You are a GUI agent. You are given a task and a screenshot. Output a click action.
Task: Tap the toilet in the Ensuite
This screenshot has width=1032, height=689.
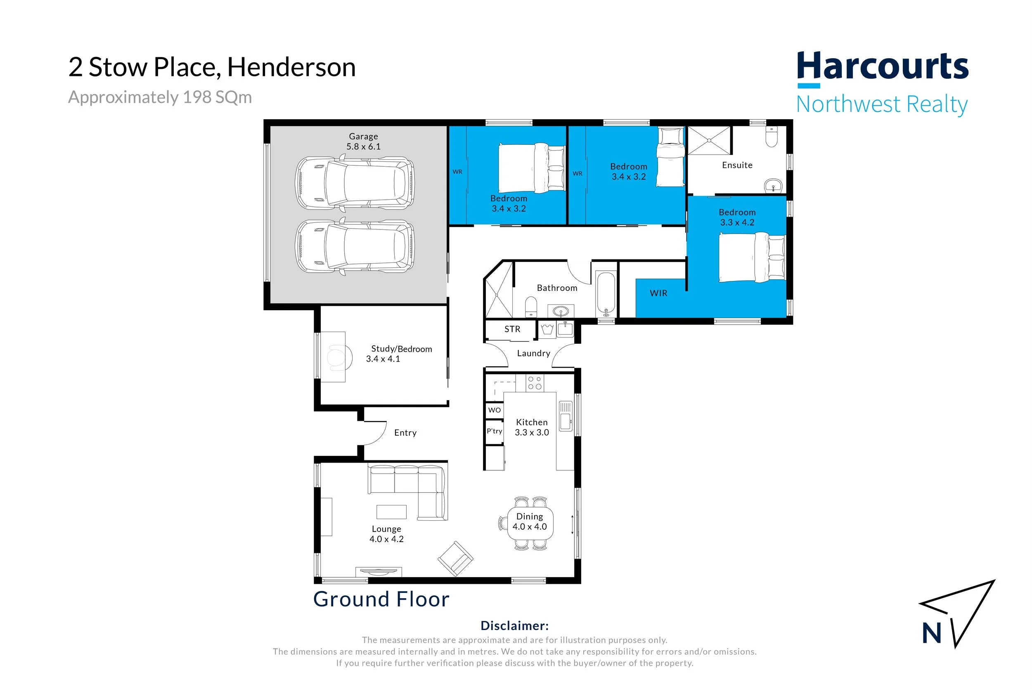[x=772, y=137]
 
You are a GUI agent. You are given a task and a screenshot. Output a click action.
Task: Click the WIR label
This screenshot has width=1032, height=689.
[x=658, y=293]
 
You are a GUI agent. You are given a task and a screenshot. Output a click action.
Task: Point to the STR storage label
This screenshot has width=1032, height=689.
[x=512, y=329]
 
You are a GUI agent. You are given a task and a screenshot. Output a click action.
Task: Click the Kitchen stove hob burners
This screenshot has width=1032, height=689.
[x=535, y=383]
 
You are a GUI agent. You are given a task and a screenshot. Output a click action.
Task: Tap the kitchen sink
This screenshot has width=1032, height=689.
[x=565, y=416]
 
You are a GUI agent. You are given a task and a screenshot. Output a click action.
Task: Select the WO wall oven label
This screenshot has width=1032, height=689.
[x=495, y=410]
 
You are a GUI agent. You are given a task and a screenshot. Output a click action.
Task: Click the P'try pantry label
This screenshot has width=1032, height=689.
[x=494, y=431]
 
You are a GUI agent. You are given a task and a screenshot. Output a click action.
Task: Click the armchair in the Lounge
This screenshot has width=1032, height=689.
[x=455, y=558]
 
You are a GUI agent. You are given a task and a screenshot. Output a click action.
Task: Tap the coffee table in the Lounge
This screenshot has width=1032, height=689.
[x=391, y=512]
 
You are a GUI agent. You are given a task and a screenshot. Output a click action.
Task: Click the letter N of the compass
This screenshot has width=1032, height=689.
[x=931, y=633]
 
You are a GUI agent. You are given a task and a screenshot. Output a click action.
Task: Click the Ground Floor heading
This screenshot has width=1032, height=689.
[x=381, y=599]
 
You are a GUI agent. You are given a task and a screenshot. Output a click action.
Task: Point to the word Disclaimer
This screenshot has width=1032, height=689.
[x=515, y=625]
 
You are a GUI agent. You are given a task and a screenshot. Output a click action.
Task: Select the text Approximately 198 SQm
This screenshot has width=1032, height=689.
[x=160, y=97]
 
